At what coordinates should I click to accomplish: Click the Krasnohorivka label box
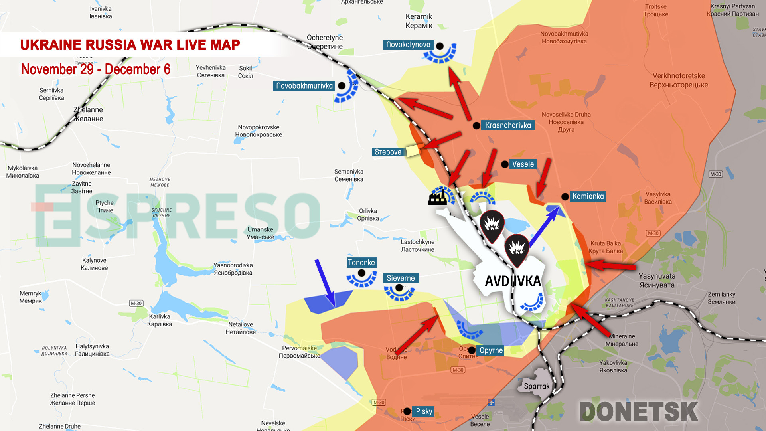tap(508, 125)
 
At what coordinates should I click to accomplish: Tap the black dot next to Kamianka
tap(565, 196)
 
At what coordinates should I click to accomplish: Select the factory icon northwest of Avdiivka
tap(437, 198)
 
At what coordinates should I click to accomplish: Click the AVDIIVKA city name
tap(513, 281)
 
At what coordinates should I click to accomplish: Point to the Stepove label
tap(388, 152)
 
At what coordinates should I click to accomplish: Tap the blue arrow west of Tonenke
tap(325, 283)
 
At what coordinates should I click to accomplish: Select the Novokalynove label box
tap(408, 45)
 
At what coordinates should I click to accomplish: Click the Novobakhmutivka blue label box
tap(304, 86)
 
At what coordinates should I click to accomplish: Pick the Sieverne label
tap(401, 278)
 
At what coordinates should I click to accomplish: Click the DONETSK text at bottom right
tap(638, 412)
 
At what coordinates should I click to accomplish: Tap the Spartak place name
tap(536, 386)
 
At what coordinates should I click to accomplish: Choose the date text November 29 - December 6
tap(96, 69)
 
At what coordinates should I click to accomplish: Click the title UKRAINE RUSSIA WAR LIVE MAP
tap(130, 45)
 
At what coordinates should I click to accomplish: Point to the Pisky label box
tap(424, 411)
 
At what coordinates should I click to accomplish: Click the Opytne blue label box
tap(491, 350)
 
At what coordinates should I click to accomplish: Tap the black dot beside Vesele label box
tap(505, 164)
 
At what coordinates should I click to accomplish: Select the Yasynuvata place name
tap(657, 280)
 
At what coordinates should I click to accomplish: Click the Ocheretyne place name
tap(324, 42)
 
